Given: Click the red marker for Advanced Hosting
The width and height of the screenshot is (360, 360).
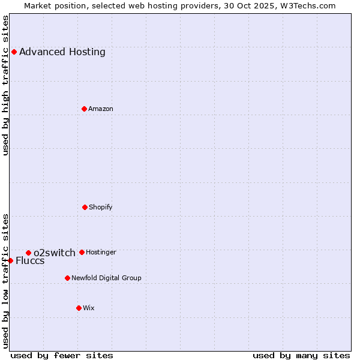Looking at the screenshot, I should tap(14, 52).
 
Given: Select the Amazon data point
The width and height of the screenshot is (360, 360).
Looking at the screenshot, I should tap(84, 109).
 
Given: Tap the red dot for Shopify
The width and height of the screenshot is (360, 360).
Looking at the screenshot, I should tap(85, 207).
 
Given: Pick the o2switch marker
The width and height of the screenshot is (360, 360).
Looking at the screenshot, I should tap(28, 253).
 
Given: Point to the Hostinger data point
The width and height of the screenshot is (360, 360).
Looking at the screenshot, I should tap(82, 252).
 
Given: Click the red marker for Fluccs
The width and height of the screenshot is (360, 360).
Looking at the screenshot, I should tap(10, 260).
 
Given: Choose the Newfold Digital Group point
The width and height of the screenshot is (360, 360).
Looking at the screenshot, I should tap(67, 278).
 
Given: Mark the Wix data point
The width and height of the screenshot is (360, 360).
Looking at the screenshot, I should tap(79, 308).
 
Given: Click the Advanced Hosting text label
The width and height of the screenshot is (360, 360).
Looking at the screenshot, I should tap(62, 52).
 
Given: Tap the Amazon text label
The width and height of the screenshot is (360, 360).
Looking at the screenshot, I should tap(101, 109).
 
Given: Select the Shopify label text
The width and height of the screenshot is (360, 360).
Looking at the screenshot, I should tap(101, 207).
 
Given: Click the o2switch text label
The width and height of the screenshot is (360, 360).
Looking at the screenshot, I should tap(55, 253).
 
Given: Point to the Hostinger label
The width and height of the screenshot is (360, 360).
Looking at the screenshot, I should tap(101, 252).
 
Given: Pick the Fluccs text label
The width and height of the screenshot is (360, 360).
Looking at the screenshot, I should tap(30, 260).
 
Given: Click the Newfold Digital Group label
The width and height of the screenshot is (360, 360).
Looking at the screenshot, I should tap(106, 278).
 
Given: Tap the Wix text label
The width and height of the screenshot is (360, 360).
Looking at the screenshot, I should tap(89, 308).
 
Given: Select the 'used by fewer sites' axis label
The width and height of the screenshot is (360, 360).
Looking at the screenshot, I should tap(62, 355).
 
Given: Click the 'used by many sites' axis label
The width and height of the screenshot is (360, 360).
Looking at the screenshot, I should tap(301, 355).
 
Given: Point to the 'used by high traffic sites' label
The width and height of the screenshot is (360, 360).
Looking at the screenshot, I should tap(5, 85).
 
